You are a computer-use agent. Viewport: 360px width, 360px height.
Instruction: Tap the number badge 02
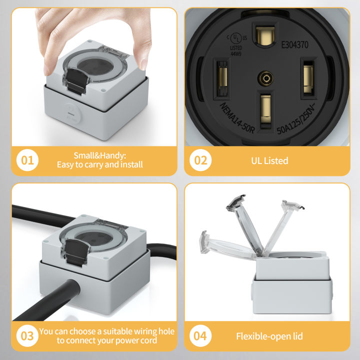200,160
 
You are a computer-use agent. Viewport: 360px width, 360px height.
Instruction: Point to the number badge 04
200,335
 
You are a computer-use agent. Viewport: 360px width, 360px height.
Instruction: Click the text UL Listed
269,160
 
